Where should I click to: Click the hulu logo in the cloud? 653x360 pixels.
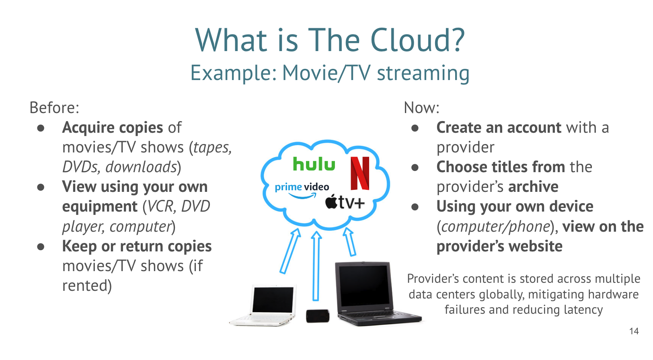coord(314,164)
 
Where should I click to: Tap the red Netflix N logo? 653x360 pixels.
coord(360,173)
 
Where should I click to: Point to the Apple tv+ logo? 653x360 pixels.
coord(345,202)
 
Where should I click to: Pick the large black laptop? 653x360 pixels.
coord(378,294)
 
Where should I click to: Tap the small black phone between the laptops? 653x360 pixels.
coord(318,316)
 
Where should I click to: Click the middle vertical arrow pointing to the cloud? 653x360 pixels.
coord(316,266)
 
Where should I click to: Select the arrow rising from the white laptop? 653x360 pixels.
coord(290,251)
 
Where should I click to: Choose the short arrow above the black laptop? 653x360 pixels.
coord(349,242)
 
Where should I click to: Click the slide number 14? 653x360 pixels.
coord(634,331)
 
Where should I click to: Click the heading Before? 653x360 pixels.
coord(54,107)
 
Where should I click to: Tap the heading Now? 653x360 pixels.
coord(421,107)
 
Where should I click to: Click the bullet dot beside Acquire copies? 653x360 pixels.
coord(41,128)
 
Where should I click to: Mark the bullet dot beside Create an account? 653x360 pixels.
coord(415,128)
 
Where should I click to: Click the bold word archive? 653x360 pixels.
coord(533,186)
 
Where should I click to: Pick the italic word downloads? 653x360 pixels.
coord(142,167)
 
